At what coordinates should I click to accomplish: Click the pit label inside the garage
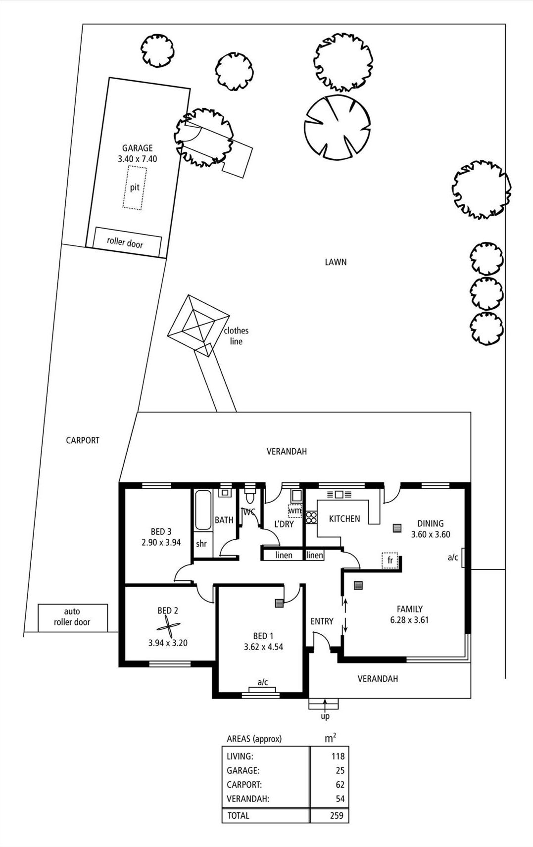[135, 188]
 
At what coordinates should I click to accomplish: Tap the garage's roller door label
[125, 242]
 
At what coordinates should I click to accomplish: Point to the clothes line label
[236, 336]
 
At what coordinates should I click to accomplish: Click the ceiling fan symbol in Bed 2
[168, 628]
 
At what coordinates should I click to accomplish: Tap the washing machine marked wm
[294, 511]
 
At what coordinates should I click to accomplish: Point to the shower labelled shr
[201, 544]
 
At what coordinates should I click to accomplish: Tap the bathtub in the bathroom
[203, 510]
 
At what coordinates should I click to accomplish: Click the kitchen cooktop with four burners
[311, 518]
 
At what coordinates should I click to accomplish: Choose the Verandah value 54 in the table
[340, 799]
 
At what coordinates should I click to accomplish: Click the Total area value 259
[337, 816]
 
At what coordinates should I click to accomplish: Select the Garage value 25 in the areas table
[340, 770]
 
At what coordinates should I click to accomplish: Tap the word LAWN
[336, 262]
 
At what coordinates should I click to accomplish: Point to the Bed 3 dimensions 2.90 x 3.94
[161, 542]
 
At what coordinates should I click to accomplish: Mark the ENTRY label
[322, 621]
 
